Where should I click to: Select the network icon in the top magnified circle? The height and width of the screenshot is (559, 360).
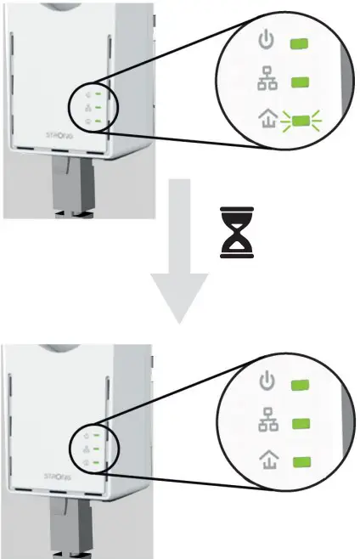tap(266, 82)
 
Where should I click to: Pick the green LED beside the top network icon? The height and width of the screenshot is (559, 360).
tap(300, 82)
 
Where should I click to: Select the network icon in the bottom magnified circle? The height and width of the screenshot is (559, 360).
tap(266, 423)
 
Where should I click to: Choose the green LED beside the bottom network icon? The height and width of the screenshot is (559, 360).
tap(301, 423)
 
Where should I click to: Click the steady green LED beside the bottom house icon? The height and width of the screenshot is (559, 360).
tap(301, 461)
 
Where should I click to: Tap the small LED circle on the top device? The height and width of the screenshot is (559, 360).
tap(93, 107)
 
